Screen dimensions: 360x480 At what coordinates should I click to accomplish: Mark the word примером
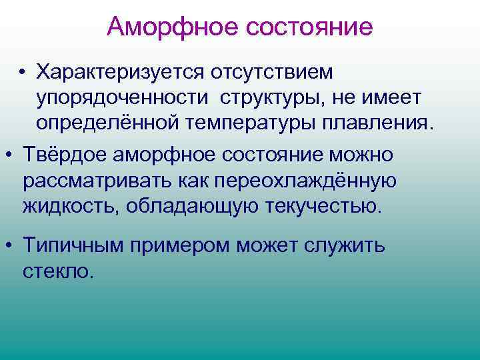point(180,245)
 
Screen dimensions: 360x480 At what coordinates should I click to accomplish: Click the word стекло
point(56,271)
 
